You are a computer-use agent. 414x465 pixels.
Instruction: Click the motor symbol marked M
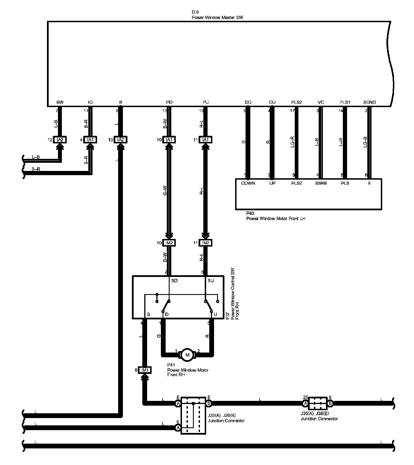click(x=187, y=355)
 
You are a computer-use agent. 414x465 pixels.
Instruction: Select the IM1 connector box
click(x=145, y=370)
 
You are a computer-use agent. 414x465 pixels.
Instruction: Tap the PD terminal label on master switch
click(x=169, y=102)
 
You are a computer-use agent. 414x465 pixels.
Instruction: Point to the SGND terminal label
click(x=369, y=102)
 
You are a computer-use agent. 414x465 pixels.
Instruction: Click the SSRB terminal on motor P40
click(x=321, y=183)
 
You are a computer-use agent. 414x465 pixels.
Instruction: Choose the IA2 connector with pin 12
click(x=60, y=140)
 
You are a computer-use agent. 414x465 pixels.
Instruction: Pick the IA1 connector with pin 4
click(x=90, y=140)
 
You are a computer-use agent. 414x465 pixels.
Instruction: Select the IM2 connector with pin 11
click(x=206, y=243)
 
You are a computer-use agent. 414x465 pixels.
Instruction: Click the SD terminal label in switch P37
click(x=174, y=281)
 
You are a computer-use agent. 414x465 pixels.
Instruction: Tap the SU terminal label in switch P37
click(x=210, y=281)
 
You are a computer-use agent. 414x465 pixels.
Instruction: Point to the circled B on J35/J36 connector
click(x=330, y=404)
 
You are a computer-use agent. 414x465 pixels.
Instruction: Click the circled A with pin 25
click(x=305, y=404)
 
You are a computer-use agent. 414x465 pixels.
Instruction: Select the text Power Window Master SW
click(x=217, y=17)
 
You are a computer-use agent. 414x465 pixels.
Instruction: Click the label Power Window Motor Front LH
click(x=276, y=218)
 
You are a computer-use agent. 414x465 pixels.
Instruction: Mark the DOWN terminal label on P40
click(x=248, y=183)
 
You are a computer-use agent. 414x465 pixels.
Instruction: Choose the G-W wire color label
click(x=165, y=191)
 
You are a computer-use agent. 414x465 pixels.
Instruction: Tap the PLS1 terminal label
click(x=345, y=102)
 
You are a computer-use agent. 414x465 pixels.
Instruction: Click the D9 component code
click(x=195, y=12)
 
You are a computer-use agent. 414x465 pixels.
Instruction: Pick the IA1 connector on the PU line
click(x=206, y=140)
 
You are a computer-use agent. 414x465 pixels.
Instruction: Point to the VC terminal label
click(x=321, y=102)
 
